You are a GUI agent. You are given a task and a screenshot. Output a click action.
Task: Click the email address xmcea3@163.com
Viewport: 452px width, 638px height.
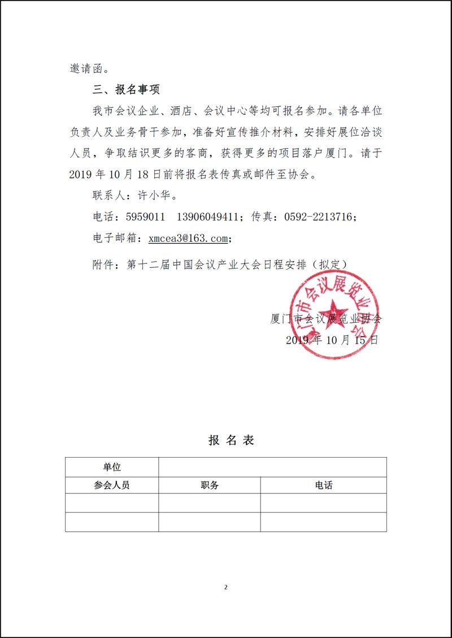click(188, 238)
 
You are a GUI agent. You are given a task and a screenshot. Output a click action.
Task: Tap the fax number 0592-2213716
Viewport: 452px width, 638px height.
click(320, 217)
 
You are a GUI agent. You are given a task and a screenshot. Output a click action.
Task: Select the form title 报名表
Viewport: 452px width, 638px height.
click(231, 440)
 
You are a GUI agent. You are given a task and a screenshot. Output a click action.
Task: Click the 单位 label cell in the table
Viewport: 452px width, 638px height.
click(112, 467)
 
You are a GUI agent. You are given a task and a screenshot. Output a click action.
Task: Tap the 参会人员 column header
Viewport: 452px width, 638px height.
click(112, 485)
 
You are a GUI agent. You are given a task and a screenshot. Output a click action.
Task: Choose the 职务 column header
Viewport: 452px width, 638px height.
click(209, 485)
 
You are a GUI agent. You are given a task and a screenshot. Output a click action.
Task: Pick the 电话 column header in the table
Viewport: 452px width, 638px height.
click(324, 485)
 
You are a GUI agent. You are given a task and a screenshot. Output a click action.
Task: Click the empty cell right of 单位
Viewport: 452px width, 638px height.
click(272, 467)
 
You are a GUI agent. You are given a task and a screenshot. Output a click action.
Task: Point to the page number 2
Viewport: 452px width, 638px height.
click(226, 587)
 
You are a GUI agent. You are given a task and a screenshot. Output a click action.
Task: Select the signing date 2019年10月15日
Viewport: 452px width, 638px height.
click(332, 340)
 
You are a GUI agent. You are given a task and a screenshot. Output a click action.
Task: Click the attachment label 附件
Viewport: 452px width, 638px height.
click(104, 263)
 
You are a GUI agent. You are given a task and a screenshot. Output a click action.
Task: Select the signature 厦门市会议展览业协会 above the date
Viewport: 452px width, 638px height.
click(326, 318)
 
